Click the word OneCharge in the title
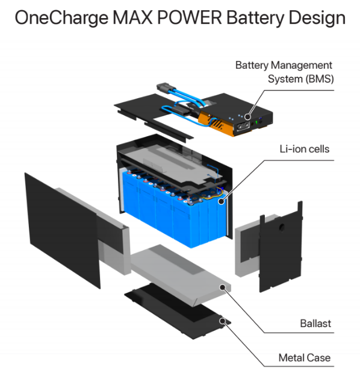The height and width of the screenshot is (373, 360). pos(61,19)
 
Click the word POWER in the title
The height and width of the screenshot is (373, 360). pos(190,18)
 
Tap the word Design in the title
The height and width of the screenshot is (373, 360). pos(317,19)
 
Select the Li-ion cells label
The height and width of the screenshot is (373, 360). pos(305,149)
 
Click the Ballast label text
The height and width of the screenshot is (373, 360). pos(315,324)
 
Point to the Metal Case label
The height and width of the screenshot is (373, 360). pos(305,358)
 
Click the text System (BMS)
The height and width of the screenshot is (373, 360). pos(301,79)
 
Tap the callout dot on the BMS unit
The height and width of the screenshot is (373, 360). pos(247,117)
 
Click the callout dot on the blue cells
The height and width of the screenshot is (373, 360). pos(221,201)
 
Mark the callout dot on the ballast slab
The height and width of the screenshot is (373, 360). pos(222,287)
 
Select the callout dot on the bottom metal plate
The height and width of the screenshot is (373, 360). pos(222,321)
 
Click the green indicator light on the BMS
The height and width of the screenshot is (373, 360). pos(256,122)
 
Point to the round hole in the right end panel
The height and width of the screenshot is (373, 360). pos(281,227)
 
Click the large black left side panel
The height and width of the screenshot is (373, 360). pos(62,230)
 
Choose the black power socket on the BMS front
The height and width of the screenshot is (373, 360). pos(243,125)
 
